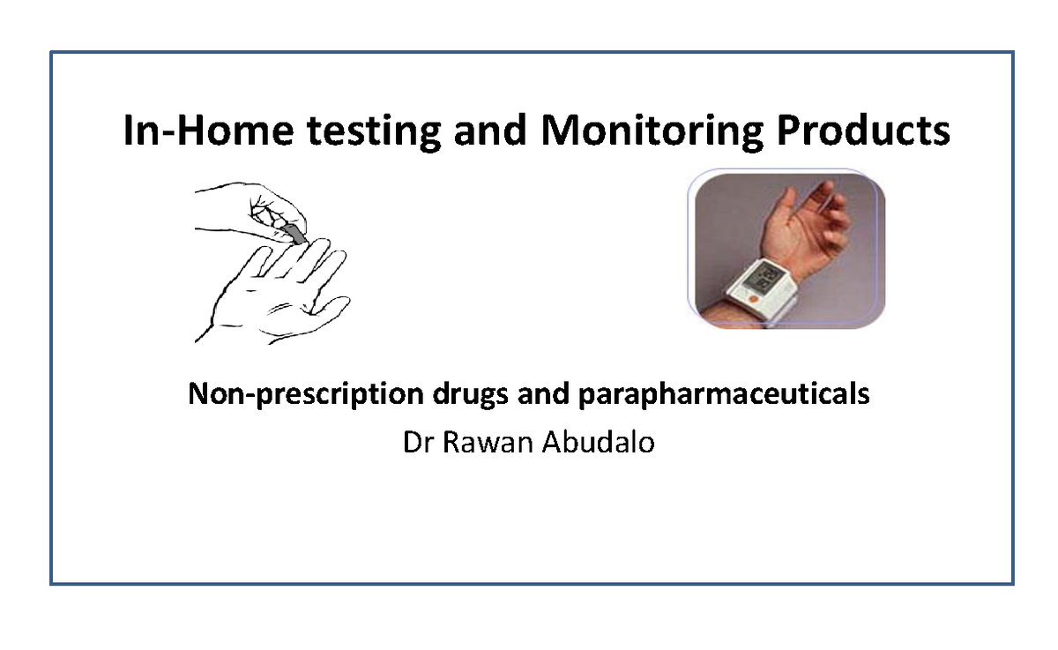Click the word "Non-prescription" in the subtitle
click(x=305, y=394)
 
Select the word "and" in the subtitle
click(x=539, y=394)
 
